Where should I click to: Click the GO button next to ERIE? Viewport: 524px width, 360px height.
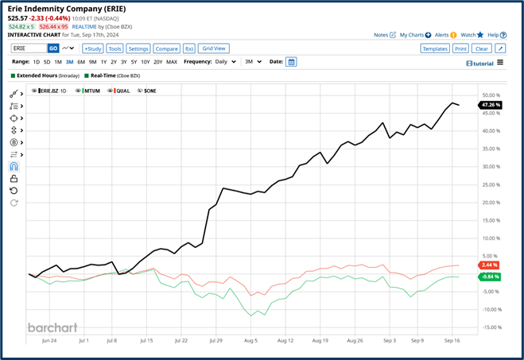point(53,48)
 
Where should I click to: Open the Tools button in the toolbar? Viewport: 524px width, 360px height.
point(115,48)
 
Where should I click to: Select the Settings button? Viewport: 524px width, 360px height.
point(138,48)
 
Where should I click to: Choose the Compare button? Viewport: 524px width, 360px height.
point(165,48)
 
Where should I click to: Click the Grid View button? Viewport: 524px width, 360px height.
point(213,48)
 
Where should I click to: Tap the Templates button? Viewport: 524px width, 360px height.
point(435,48)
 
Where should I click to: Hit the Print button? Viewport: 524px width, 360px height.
point(460,48)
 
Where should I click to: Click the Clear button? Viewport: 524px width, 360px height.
point(481,48)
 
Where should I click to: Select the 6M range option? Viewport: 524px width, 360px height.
point(81,61)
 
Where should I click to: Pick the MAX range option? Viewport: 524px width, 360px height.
point(172,61)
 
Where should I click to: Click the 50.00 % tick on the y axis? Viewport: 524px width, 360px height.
point(490,95)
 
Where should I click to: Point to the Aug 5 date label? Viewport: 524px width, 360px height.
point(251,340)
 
